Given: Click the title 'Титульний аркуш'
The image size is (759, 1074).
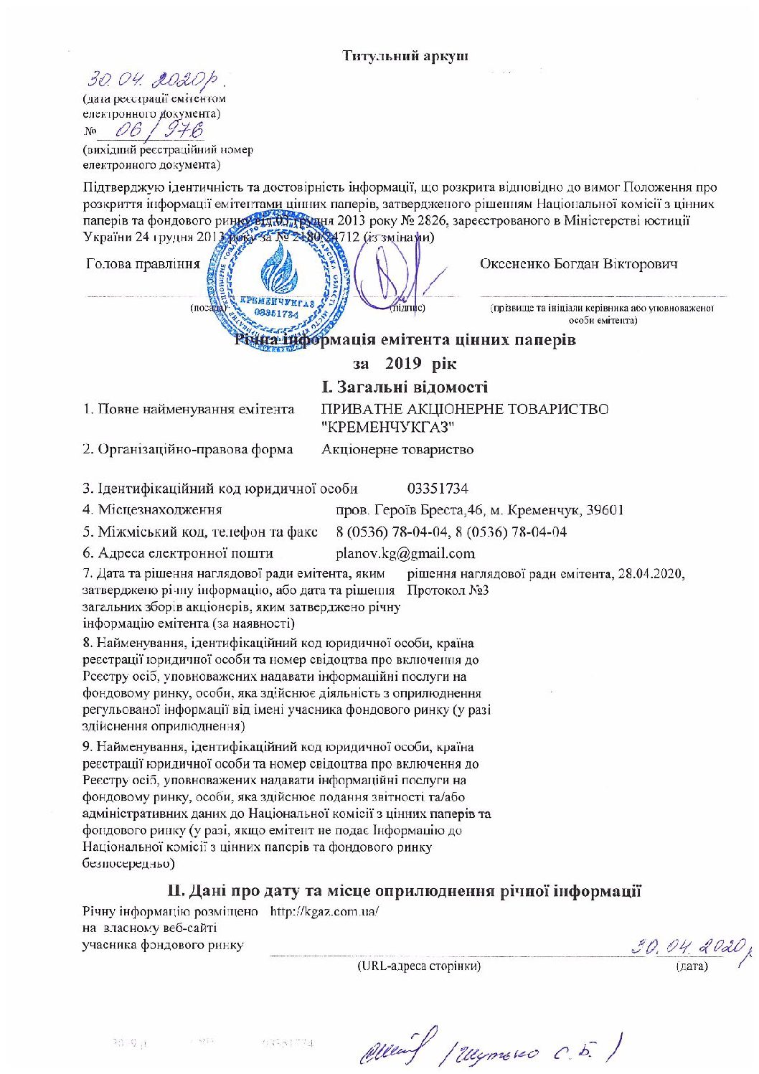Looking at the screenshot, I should point(405,55).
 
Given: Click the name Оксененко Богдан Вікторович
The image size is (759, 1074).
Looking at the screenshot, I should point(578,264).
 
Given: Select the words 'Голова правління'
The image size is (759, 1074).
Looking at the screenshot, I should point(143,264).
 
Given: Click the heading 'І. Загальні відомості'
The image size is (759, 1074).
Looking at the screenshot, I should point(405,387).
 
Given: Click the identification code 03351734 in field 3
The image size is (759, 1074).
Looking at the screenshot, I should point(438,489).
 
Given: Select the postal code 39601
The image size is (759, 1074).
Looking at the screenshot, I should point(605,510).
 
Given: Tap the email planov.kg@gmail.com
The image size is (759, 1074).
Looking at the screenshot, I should point(405,553).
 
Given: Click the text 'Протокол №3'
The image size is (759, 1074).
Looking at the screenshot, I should point(448,590).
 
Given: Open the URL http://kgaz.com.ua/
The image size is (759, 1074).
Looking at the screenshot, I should point(324,912).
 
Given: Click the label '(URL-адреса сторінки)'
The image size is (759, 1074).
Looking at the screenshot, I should point(419,966).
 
